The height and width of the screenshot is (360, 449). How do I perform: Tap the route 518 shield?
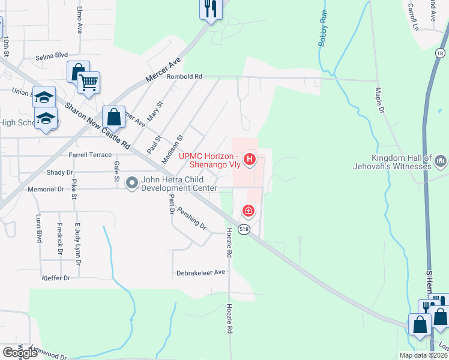point(244,230)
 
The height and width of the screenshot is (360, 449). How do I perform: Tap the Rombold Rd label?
point(185,77)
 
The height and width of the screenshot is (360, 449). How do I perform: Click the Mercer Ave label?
point(163,71)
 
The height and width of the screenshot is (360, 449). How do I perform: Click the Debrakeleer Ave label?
point(200,272)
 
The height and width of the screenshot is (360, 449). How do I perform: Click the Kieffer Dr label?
point(56,278)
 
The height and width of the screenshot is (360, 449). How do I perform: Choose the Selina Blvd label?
point(52,55)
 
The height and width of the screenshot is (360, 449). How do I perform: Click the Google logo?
point(20,353)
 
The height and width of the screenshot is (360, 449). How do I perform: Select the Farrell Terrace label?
point(91,155)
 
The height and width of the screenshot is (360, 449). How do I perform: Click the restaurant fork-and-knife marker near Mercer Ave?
point(210,8)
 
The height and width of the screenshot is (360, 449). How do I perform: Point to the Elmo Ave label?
point(79,20)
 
